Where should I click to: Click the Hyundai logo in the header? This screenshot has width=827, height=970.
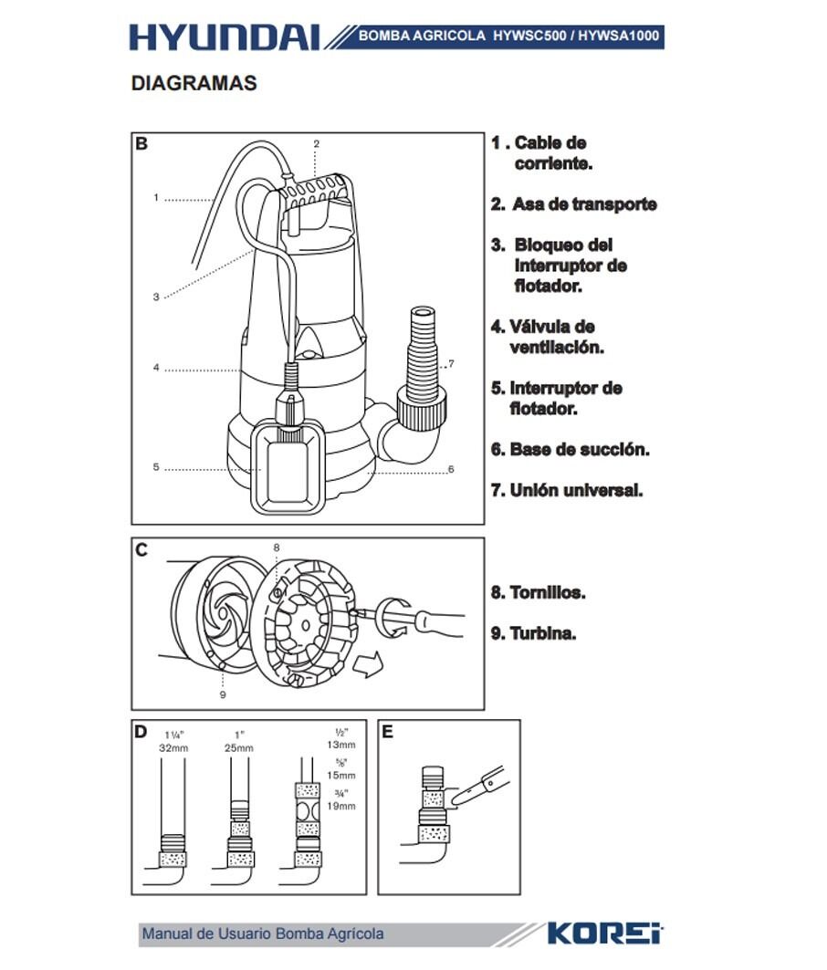(224, 37)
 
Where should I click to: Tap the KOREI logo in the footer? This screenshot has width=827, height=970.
(604, 933)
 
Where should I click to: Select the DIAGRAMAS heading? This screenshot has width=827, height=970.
(194, 83)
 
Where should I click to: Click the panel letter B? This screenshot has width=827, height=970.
(141, 143)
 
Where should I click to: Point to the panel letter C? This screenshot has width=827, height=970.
(141, 549)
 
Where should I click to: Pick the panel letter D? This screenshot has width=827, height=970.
(141, 732)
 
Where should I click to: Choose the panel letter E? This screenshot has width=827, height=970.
(387, 732)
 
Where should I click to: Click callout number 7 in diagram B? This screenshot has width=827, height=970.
(451, 363)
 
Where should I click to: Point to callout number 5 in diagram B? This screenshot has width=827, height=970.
(156, 467)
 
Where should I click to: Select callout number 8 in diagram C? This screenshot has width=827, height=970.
(277, 547)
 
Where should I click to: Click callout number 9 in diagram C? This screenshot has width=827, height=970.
(223, 694)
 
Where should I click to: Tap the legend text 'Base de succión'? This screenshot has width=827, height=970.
(571, 450)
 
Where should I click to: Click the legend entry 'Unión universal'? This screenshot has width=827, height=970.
(567, 490)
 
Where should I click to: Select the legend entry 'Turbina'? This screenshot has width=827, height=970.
(534, 633)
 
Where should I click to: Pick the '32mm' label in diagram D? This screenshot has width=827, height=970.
(173, 748)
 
